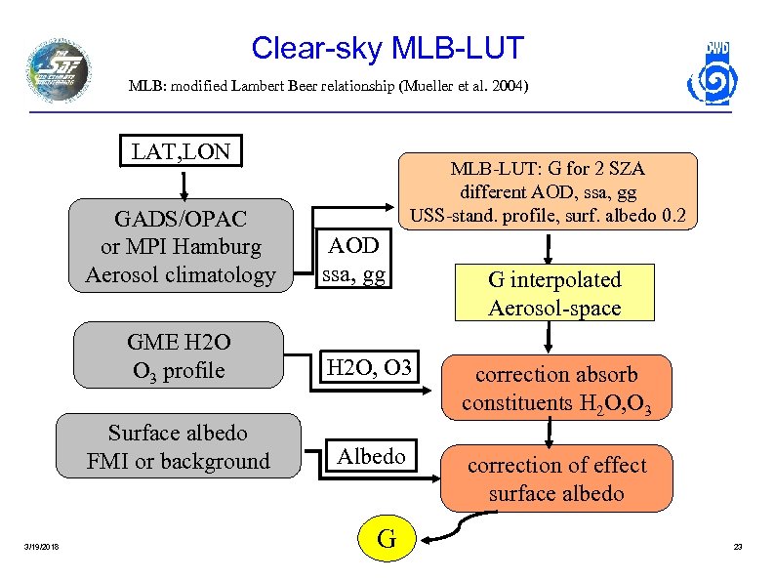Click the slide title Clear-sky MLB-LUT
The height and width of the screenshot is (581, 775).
[387, 48]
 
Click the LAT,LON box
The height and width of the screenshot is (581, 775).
[181, 152]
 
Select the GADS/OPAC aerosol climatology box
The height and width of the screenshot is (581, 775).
[181, 246]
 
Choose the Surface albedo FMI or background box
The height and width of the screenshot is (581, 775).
[178, 446]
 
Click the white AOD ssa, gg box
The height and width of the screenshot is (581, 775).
[355, 259]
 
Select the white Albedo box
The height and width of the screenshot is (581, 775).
[371, 456]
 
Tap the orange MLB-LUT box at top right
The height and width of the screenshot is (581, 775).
[548, 191]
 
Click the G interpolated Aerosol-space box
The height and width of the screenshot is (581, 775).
[554, 293]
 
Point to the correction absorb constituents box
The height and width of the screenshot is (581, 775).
[556, 388]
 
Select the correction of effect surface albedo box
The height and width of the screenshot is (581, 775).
[556, 478]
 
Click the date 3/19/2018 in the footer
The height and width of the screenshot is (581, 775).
[42, 546]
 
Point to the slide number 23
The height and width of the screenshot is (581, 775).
[738, 546]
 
